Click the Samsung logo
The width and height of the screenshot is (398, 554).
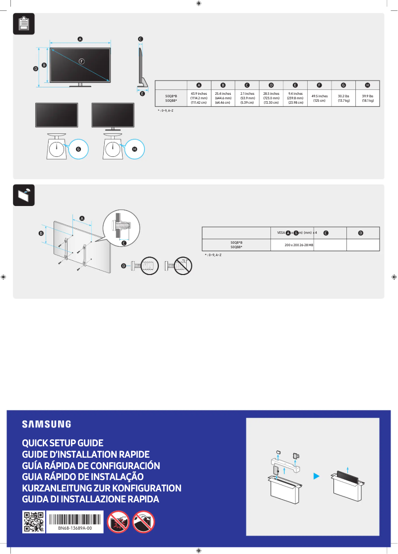[x=46, y=424]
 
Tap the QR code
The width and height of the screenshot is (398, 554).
[x=34, y=522]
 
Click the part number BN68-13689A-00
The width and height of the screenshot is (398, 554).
[x=75, y=529]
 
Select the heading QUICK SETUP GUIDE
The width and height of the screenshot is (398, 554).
[x=63, y=443]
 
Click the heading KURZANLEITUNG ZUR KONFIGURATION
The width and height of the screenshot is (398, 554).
[x=102, y=488]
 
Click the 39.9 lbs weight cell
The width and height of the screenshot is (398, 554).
[x=367, y=98]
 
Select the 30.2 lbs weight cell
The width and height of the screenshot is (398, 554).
[x=343, y=98]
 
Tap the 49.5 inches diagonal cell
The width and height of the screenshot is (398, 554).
[x=319, y=98]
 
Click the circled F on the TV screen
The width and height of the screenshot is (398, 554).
[x=81, y=61]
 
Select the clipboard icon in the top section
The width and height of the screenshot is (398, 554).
[x=23, y=24]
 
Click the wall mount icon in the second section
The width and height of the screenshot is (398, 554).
[x=23, y=195]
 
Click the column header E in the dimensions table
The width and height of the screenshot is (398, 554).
[x=295, y=85]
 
